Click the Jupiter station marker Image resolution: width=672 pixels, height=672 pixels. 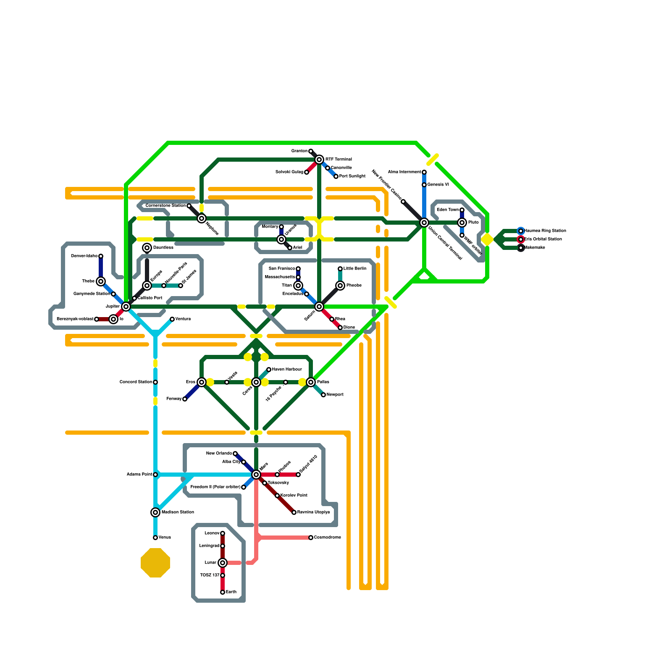pos(126,307)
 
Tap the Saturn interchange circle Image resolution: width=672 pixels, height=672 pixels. pos(319,307)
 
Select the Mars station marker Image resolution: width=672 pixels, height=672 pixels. pos(256,475)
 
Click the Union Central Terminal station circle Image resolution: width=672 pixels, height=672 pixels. pos(424,223)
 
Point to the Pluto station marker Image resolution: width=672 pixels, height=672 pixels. pos(462,223)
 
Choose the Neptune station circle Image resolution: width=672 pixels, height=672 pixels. pos(202,218)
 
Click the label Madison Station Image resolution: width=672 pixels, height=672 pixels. pos(178,512)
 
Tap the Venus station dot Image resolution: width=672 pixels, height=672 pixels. pos(155,538)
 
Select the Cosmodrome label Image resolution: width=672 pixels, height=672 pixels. pos(328,538)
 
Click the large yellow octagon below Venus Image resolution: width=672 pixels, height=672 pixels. pos(155,563)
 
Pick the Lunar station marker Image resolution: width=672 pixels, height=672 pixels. pos(223,563)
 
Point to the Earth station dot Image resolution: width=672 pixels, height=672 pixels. pos(223,592)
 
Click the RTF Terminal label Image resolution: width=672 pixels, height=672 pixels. pos(339,160)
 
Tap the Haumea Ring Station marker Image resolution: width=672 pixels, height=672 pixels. pos(521,231)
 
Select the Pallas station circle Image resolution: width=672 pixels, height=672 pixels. pos(311,382)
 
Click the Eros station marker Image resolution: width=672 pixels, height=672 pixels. pos(202,382)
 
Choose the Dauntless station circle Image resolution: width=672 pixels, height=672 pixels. pos(147,248)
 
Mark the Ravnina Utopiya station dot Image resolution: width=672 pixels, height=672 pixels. pos(294,512)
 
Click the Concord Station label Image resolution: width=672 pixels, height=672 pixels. pos(136,382)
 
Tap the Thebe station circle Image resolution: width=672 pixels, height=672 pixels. pos(101,281)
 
